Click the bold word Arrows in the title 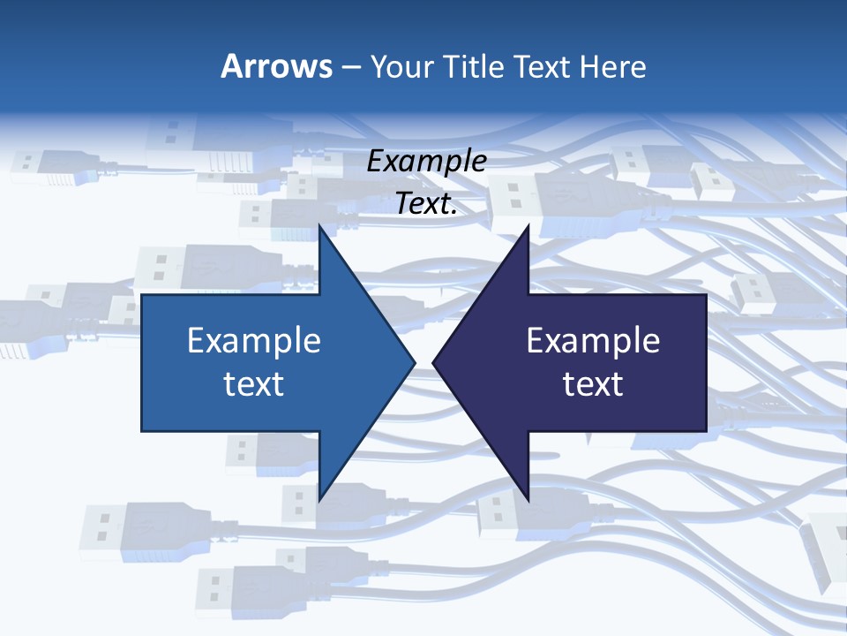pos(276,66)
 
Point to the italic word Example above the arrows pos(427,162)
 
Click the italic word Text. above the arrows pos(427,204)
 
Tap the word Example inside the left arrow pos(254,341)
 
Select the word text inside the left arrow pos(254,384)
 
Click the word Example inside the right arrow pos(593,341)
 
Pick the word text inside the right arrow pos(593,384)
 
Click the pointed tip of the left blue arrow pos(415,362)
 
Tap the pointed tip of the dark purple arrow pos(433,362)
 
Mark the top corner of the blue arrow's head pos(319,224)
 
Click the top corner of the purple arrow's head pos(528,224)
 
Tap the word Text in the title pos(543,66)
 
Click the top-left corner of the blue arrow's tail pos(142,295)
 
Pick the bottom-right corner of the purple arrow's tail pos(706,431)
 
